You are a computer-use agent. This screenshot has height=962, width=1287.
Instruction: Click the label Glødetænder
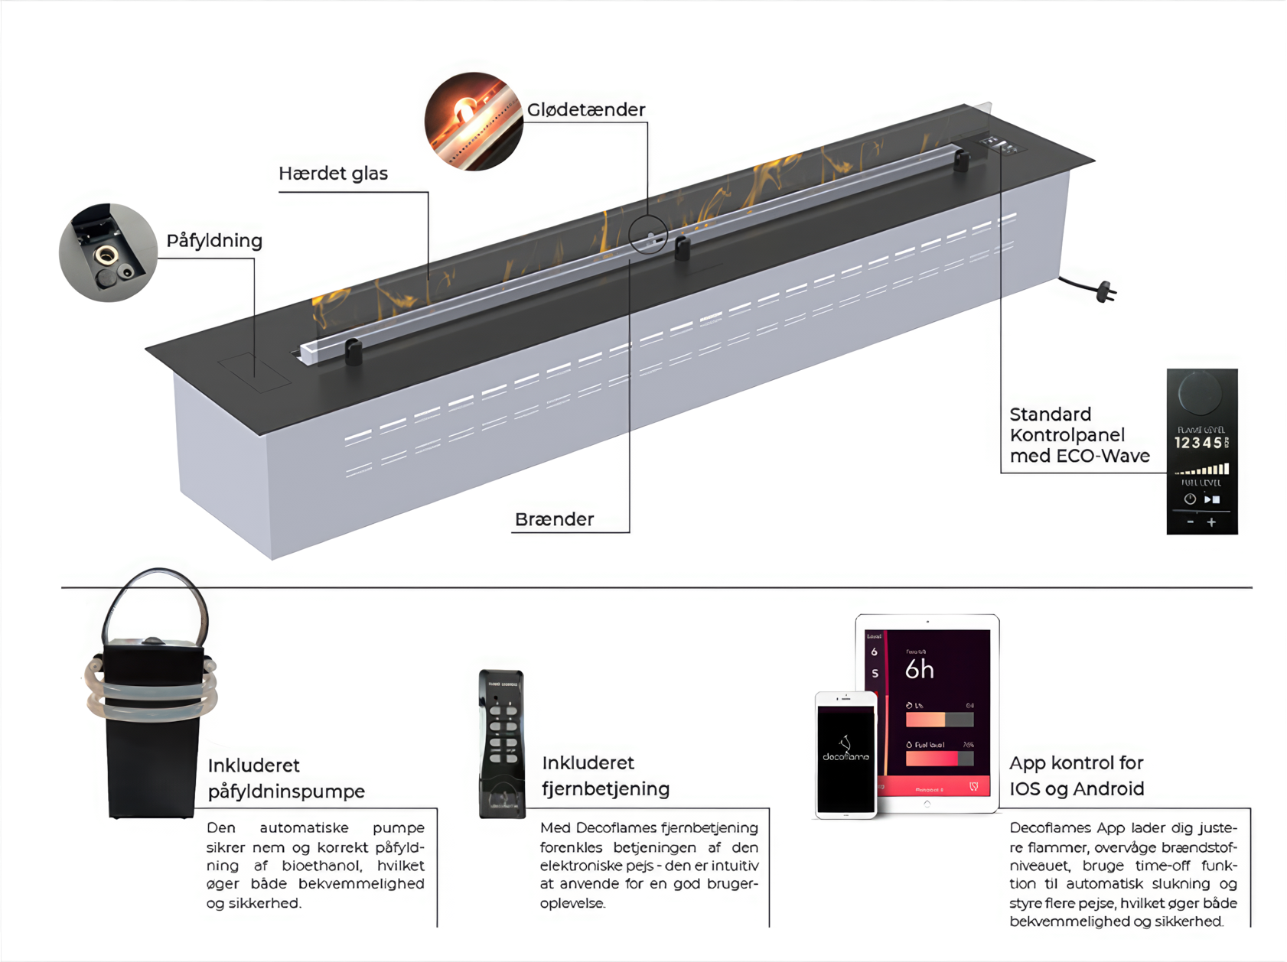(x=586, y=110)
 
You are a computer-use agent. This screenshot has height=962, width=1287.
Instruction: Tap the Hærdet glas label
(x=333, y=174)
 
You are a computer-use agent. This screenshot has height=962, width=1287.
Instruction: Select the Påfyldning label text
(x=214, y=241)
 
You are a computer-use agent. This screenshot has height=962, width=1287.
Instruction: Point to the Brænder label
(x=554, y=520)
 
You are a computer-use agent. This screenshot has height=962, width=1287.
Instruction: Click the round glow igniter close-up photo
(x=474, y=121)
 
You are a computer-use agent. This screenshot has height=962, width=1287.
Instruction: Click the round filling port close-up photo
(x=108, y=252)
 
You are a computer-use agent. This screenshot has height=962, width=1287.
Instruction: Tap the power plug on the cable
(x=1106, y=292)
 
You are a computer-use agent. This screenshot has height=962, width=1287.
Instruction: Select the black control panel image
(x=1201, y=451)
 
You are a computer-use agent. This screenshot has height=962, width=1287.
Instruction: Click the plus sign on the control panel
(x=1211, y=522)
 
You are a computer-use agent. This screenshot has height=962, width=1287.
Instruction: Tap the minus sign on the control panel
(x=1191, y=522)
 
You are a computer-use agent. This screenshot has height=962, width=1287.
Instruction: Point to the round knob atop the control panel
(x=1200, y=393)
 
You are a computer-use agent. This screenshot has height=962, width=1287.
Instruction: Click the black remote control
(x=502, y=743)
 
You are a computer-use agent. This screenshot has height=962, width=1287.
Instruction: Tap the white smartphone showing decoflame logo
(x=846, y=755)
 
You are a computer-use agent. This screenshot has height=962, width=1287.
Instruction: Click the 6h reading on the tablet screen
(x=919, y=670)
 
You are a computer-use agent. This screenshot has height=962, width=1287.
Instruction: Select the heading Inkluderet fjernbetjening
(x=605, y=775)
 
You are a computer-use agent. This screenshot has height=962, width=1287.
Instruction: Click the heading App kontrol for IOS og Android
(x=1077, y=775)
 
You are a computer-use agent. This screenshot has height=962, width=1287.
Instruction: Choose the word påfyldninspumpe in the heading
(x=286, y=791)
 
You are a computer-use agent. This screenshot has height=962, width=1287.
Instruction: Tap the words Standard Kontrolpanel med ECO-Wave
(x=1079, y=435)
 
